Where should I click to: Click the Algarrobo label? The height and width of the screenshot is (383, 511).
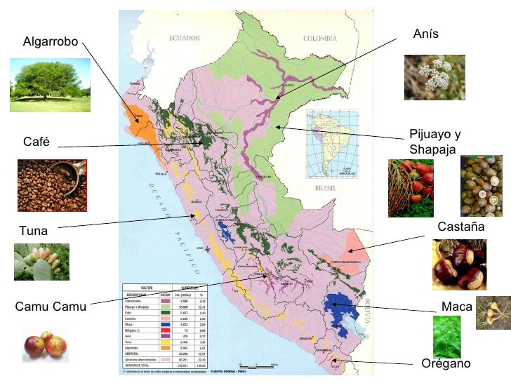click(x=51, y=42)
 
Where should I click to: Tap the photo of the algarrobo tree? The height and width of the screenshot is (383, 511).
click(x=50, y=86)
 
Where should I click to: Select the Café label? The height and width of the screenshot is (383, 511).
click(x=36, y=142)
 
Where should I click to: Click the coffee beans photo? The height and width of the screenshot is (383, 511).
click(x=52, y=185)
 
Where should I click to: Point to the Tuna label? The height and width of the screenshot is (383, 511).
click(x=34, y=230)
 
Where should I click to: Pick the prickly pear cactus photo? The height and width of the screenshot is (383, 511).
click(x=41, y=262)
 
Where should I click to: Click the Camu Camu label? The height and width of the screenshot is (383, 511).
click(x=51, y=307)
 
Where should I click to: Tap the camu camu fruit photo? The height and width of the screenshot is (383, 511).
click(x=45, y=345)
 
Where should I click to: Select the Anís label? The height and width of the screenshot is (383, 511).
click(x=426, y=34)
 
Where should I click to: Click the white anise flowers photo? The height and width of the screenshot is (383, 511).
click(x=434, y=77)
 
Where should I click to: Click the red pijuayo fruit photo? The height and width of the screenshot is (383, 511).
click(x=411, y=187)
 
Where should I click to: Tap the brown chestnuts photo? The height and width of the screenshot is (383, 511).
click(x=459, y=264)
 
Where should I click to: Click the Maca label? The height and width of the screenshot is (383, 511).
click(x=457, y=307)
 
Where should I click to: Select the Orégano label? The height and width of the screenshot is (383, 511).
click(x=446, y=363)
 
